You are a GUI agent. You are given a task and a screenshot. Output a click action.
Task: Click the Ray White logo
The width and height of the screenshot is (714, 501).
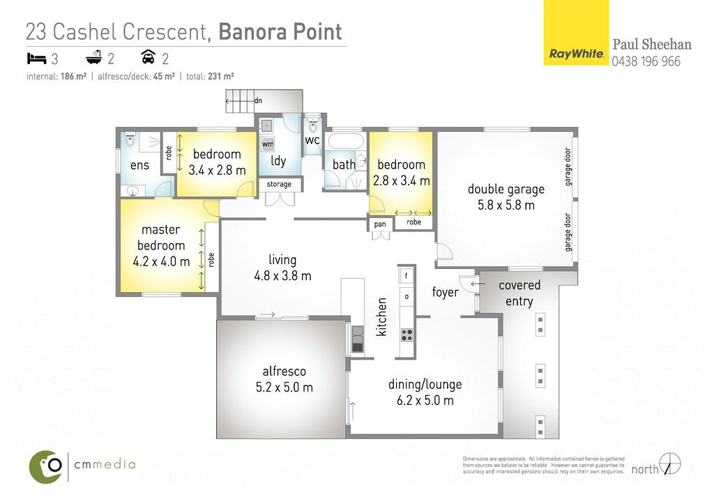pos(576,32)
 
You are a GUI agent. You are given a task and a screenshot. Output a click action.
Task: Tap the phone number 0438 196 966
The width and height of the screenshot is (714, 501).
pos(646,61)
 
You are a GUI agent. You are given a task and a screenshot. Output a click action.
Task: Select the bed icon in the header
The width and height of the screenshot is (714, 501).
pos(36,59)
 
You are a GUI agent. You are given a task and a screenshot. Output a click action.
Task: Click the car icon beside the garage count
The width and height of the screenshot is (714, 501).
pos(148,57)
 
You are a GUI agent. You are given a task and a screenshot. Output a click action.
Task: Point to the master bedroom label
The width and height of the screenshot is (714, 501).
pos(161,238)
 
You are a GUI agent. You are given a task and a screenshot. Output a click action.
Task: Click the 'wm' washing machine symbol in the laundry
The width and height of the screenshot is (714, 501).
pos(268,144)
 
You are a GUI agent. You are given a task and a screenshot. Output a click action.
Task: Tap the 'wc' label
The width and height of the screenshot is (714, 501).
pos(312,140)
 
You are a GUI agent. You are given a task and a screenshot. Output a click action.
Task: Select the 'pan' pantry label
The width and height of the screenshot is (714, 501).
pos(380,224)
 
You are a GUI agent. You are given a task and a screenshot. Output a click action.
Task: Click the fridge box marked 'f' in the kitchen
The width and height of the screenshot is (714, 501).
pos(407,275)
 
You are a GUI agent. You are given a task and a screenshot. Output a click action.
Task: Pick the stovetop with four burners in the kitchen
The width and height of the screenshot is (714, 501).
pos(407,335)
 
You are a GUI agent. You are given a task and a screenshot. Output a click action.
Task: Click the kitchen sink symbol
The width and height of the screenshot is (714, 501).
pos(358,339)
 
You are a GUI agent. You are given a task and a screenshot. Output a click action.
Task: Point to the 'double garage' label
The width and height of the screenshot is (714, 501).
pos(506,190)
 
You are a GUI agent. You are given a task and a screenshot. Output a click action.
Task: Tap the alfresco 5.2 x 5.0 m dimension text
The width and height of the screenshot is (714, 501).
pos(284,387)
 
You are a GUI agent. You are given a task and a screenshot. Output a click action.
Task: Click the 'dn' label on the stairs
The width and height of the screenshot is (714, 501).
pos(258,100)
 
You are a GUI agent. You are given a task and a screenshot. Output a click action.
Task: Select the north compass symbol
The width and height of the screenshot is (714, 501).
pos(670,464)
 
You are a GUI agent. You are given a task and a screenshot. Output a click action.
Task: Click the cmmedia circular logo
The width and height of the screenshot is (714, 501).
pos(45,466)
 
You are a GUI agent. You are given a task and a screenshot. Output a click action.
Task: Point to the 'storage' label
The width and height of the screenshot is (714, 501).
pos(279,184)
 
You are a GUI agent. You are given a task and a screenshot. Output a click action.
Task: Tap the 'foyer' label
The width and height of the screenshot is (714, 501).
pos(445,292)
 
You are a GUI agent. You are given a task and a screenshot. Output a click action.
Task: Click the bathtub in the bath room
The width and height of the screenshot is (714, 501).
pos(346,141)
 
